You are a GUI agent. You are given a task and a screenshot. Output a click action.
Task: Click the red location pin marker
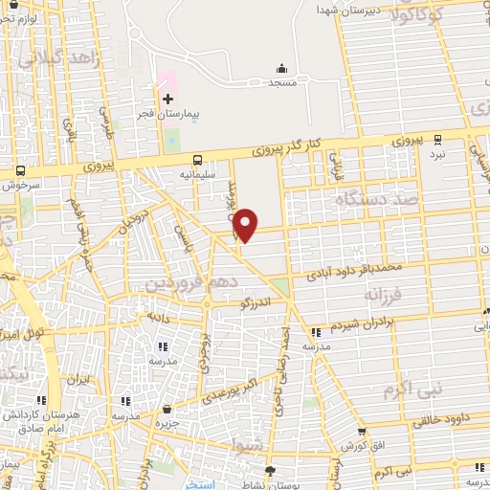click(x=247, y=225)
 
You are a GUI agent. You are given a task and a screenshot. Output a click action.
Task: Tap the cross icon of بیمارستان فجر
click(x=167, y=99)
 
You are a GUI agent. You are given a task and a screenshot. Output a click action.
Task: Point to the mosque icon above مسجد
click(x=281, y=68)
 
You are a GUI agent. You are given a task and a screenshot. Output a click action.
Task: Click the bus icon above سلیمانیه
click(x=197, y=161)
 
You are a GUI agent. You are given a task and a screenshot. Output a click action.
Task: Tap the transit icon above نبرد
click(x=437, y=138)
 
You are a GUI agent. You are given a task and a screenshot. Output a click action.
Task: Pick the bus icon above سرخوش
click(x=20, y=171)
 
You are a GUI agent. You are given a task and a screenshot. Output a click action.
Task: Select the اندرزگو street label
click(x=258, y=304)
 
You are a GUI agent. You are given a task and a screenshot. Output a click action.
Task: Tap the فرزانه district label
click(x=386, y=295)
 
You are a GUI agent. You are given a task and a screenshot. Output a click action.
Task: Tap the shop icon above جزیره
click(x=168, y=410)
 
